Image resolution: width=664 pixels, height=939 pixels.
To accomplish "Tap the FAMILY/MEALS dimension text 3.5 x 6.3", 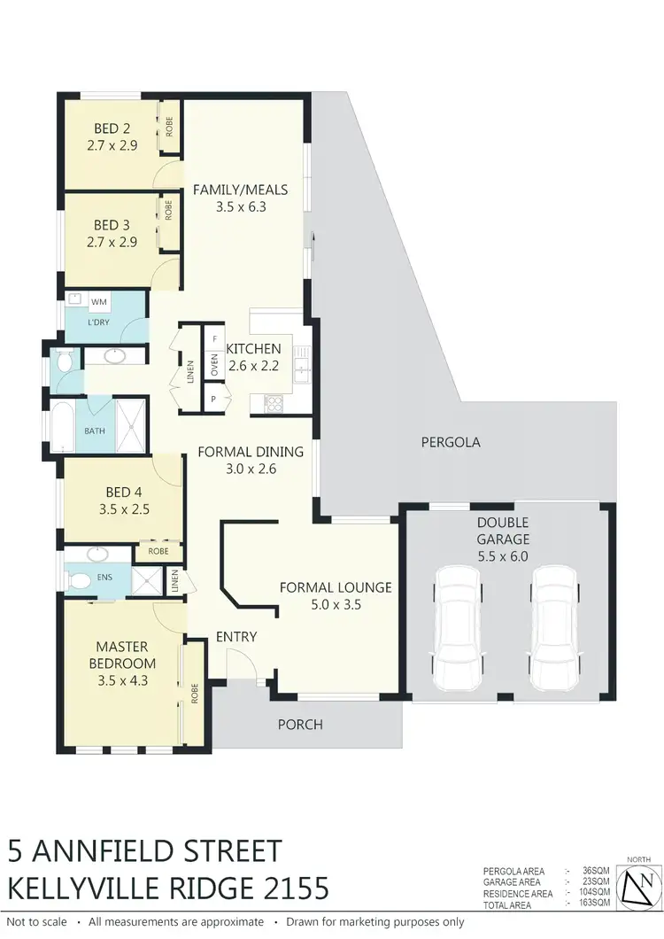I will tap(240, 206).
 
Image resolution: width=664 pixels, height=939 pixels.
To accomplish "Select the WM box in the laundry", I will tap(98, 302).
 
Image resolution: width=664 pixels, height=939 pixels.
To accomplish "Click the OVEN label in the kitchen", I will tap(214, 365).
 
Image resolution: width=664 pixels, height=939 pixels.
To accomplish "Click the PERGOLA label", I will tap(451, 441).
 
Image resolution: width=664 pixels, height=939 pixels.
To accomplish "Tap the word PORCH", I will tap(300, 724).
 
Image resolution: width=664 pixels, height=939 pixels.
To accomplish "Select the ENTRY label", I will tap(236, 636).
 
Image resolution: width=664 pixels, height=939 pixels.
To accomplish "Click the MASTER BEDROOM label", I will tap(123, 655).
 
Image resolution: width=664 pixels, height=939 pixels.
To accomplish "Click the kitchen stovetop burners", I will tap(274, 402).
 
